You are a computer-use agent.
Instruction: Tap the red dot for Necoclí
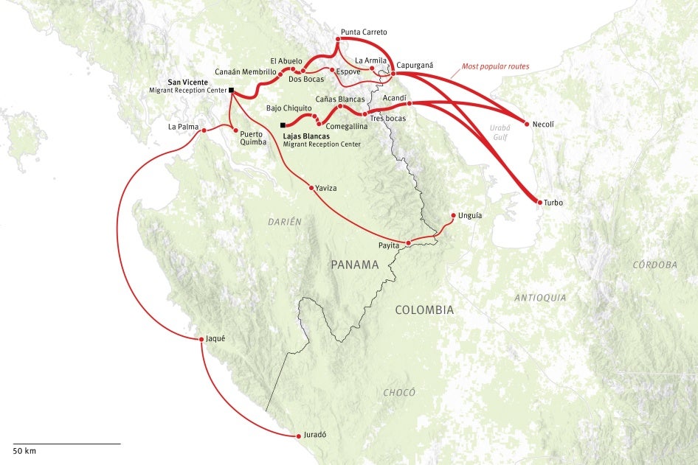pos(527,124)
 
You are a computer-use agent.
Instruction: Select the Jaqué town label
pos(215,338)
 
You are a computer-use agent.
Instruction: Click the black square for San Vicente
pos(231,90)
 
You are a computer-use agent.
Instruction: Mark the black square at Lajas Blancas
pos(283,125)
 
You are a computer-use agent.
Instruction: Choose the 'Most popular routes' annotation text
pos(495,66)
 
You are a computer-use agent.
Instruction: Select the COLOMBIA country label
pos(424,310)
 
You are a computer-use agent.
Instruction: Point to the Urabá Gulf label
pos(500,131)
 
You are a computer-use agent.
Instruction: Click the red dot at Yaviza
pos(311,188)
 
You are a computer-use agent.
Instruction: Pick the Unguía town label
pos(470,215)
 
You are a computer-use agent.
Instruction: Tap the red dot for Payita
pos(408,242)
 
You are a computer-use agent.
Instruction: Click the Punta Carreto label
pos(364,32)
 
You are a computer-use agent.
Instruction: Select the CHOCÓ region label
pos(399,393)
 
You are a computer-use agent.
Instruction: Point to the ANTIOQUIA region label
pos(541,298)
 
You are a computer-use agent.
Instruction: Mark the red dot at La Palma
pos(204,131)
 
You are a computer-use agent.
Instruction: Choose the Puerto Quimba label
pos(251,139)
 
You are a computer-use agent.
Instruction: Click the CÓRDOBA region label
pos(655,265)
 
